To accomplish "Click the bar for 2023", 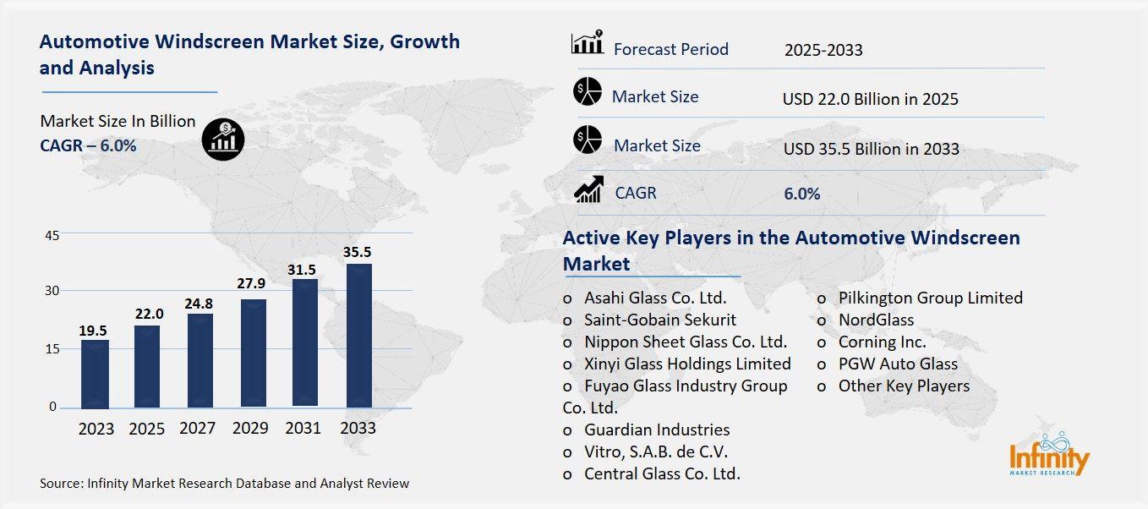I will click(x=95, y=373).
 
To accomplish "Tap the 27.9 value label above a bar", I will click(x=252, y=282).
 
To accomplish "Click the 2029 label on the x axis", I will click(x=251, y=428).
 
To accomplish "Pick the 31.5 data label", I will click(x=304, y=269).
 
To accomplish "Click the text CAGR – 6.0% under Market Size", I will click(x=88, y=145).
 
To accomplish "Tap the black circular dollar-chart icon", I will click(x=223, y=137).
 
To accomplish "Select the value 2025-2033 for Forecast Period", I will click(x=823, y=50).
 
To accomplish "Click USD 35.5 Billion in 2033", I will click(x=871, y=149).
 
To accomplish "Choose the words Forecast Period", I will click(x=670, y=49).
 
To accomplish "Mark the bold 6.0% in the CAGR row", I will click(x=801, y=194).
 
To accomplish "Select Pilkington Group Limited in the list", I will click(x=930, y=298).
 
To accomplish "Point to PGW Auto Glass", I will click(x=898, y=364).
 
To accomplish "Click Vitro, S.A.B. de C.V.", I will click(x=655, y=452).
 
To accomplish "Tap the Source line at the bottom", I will click(x=224, y=484).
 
